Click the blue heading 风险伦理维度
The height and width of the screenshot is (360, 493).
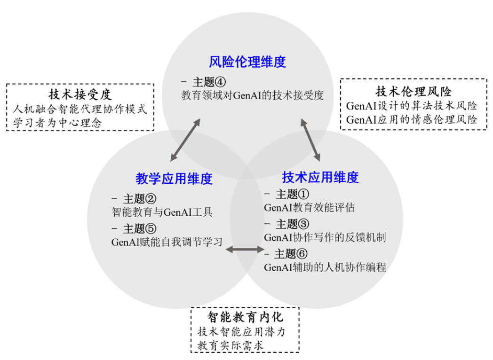[247, 62]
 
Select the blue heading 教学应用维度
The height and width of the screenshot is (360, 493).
[174, 179]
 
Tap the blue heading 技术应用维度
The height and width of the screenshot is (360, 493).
[320, 177]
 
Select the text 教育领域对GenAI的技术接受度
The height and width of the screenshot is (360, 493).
[253, 95]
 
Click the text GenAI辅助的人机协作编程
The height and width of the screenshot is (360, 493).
[325, 267]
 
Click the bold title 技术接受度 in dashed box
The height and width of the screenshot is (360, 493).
[80, 94]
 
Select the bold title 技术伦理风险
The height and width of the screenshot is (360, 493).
[413, 91]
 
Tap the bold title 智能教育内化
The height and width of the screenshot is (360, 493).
[246, 316]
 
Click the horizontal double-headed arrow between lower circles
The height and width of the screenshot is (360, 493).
[245, 250]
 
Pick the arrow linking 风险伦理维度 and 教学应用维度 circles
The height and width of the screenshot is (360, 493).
[185, 140]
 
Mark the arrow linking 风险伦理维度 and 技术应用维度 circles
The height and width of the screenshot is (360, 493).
[311, 140]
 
